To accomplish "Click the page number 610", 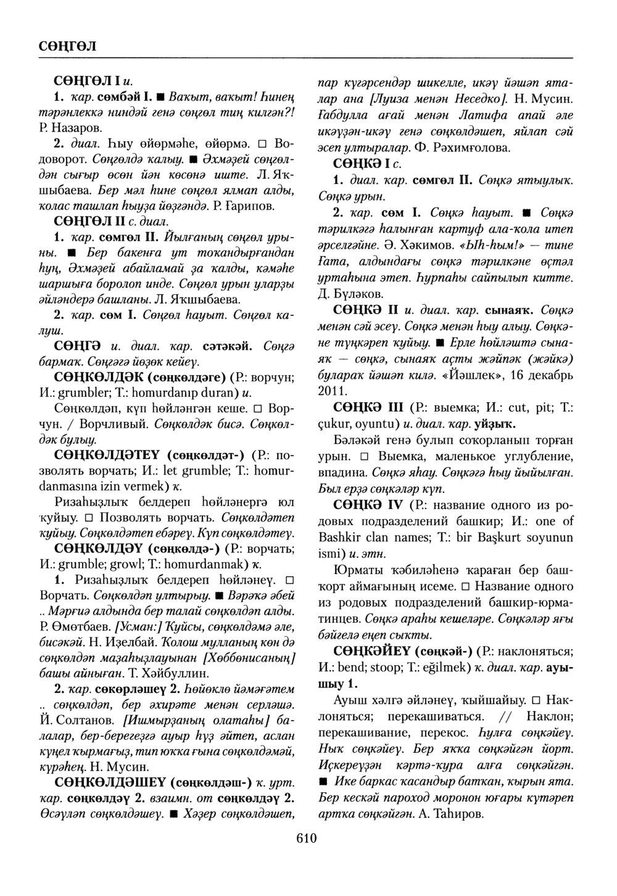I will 306,838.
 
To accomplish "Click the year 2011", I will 331,391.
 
